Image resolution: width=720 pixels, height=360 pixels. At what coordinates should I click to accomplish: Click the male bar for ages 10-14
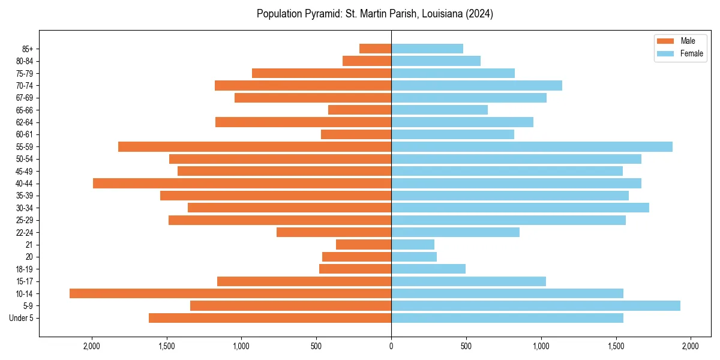click(x=230, y=293)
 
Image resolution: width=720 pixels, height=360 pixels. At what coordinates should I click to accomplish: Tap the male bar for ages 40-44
click(x=242, y=183)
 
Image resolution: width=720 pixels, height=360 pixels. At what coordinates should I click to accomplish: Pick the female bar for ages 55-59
click(x=532, y=146)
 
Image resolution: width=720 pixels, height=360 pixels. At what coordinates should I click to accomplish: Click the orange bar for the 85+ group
click(x=375, y=49)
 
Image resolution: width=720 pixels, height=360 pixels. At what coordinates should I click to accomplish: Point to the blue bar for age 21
click(x=413, y=244)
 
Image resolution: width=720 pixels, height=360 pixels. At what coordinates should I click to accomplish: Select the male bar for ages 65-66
click(x=359, y=110)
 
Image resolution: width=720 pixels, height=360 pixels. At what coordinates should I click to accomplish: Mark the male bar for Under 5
click(x=270, y=318)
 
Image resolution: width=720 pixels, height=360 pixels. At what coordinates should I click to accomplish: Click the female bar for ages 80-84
click(x=436, y=61)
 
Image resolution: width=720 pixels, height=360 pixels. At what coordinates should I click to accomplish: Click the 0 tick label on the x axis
click(x=391, y=346)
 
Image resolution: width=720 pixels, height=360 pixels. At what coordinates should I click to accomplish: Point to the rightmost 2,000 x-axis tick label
click(x=691, y=346)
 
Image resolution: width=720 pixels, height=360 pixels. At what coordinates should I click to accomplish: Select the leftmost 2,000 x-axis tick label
click(x=92, y=346)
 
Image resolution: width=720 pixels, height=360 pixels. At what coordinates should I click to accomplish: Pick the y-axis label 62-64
click(x=25, y=122)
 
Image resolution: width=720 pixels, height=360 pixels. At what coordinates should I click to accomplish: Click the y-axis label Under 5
click(x=22, y=318)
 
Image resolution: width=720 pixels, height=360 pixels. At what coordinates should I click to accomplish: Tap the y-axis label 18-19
click(x=25, y=269)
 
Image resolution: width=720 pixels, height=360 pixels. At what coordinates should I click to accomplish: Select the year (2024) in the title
click(x=479, y=14)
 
